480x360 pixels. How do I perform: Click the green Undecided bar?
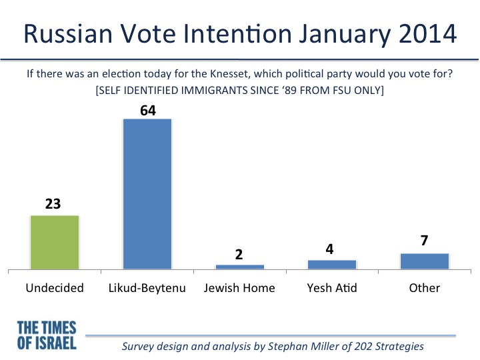click(x=55, y=243)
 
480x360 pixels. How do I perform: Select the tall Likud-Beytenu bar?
click(x=147, y=194)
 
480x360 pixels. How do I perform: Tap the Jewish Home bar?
click(x=240, y=267)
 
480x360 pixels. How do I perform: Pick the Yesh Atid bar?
click(x=332, y=265)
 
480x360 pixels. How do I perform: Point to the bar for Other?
click(x=425, y=261)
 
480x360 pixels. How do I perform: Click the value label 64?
click(x=148, y=111)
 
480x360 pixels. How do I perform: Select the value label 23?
click(x=53, y=204)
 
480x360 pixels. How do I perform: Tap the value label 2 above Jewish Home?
click(x=239, y=255)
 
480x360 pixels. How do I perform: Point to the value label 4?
click(x=329, y=249)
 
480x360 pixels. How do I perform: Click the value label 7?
click(x=424, y=240)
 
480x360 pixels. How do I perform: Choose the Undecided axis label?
click(x=55, y=288)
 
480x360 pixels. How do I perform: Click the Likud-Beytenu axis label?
click(x=147, y=289)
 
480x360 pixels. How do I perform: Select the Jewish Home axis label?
click(x=239, y=288)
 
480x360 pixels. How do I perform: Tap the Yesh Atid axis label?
click(x=332, y=288)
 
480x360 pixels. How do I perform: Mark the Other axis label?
click(x=424, y=288)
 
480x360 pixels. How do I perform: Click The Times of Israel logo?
click(x=47, y=335)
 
